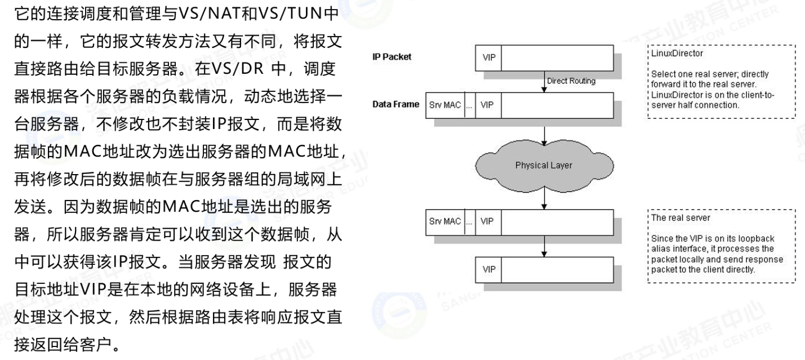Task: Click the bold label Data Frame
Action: [395, 104]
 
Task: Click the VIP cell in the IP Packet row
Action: [488, 57]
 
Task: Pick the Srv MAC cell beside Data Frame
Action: [445, 105]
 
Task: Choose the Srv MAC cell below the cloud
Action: [445, 221]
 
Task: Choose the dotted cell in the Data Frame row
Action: [469, 105]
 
